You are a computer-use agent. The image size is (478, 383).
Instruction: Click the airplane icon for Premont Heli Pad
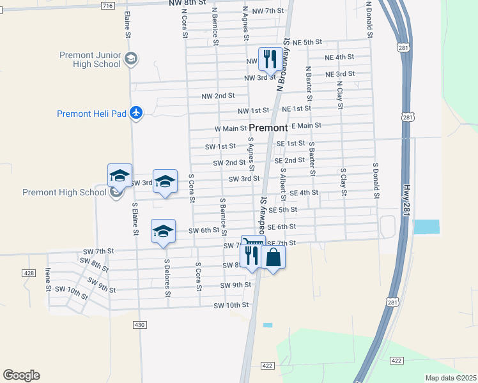tap(135, 112)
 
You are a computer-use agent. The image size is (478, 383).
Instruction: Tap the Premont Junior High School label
tap(89, 59)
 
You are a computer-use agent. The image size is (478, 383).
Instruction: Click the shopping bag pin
tap(273, 257)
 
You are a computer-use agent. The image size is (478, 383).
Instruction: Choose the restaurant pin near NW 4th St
tap(270, 59)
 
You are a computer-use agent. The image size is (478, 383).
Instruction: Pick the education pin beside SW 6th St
tap(163, 230)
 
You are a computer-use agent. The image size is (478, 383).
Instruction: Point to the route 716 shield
tap(107, 5)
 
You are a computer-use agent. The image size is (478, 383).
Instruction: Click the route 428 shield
tap(29, 273)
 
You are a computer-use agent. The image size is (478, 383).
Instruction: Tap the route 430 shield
tap(140, 325)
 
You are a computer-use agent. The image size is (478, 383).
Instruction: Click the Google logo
tap(21, 375)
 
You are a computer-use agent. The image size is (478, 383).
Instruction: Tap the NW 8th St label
tap(188, 3)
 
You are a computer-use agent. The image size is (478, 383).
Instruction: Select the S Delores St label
tap(167, 278)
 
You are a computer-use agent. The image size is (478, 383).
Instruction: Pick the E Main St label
tap(306, 126)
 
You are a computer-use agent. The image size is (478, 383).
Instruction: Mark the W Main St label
tap(230, 129)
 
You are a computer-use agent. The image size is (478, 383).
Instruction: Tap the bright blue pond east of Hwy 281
tap(427, 226)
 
